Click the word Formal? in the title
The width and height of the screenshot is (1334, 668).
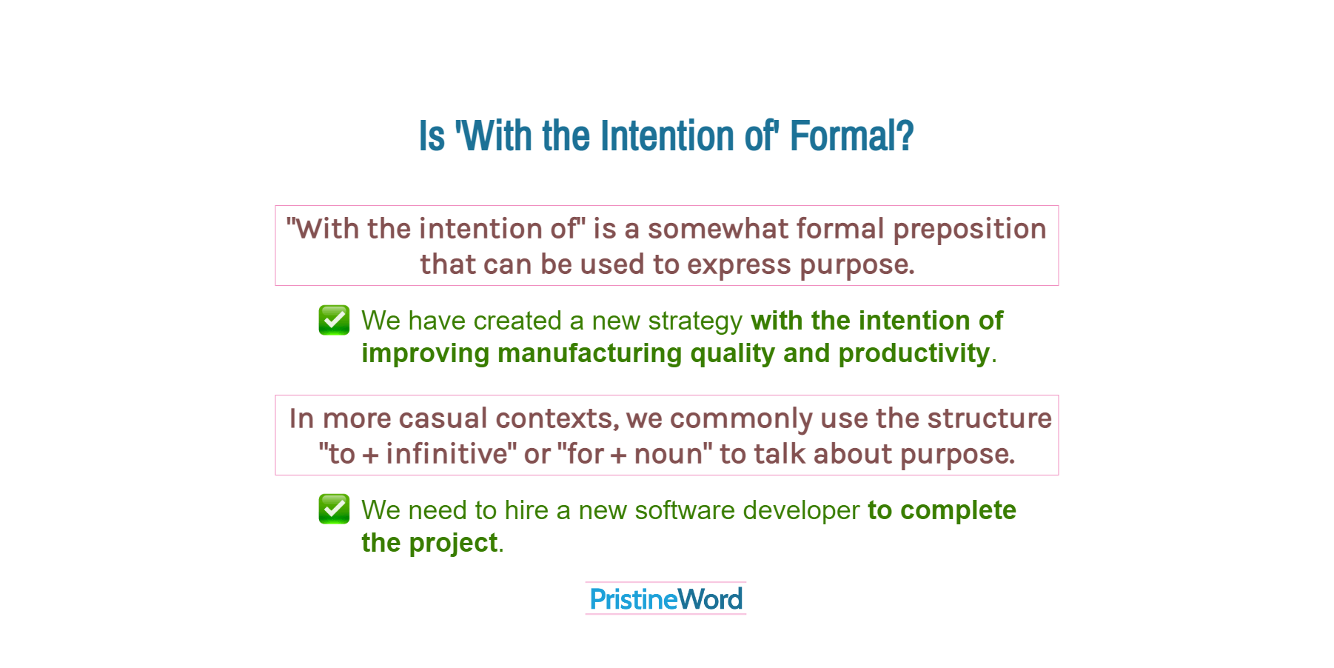[x=851, y=136]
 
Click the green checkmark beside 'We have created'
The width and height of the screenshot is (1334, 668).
[x=334, y=320]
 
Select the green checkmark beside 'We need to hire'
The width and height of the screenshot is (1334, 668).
[x=334, y=509]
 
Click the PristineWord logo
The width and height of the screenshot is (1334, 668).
[x=666, y=598]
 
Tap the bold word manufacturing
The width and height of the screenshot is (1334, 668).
[x=589, y=354]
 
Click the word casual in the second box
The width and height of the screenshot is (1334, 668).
[x=443, y=418]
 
